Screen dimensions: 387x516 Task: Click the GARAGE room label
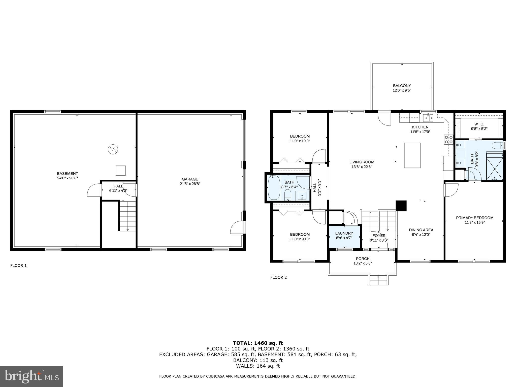pyautogui.click(x=190, y=179)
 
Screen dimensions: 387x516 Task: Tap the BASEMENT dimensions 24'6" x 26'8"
pyautogui.click(x=67, y=178)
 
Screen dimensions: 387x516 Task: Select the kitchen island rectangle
pyautogui.click(x=412, y=155)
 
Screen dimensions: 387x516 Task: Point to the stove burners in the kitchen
pyautogui.click(x=448, y=140)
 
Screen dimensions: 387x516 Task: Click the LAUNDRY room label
pyautogui.click(x=344, y=233)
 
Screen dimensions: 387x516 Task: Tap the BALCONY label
pyautogui.click(x=402, y=86)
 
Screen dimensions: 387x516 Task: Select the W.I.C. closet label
pyautogui.click(x=479, y=124)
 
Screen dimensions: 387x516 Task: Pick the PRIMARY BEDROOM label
pyautogui.click(x=475, y=218)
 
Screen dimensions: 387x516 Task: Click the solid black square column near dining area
pyautogui.click(x=401, y=206)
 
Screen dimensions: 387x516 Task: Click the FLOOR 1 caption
pyautogui.click(x=18, y=265)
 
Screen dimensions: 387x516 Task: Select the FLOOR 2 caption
pyautogui.click(x=278, y=277)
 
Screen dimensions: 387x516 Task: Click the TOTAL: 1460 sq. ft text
pyautogui.click(x=258, y=343)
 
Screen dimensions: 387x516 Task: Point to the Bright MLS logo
pyautogui.click(x=31, y=376)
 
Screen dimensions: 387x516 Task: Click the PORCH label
pyautogui.click(x=363, y=259)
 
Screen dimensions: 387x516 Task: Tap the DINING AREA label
pyautogui.click(x=421, y=230)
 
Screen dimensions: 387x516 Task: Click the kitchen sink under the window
pyautogui.click(x=428, y=117)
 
